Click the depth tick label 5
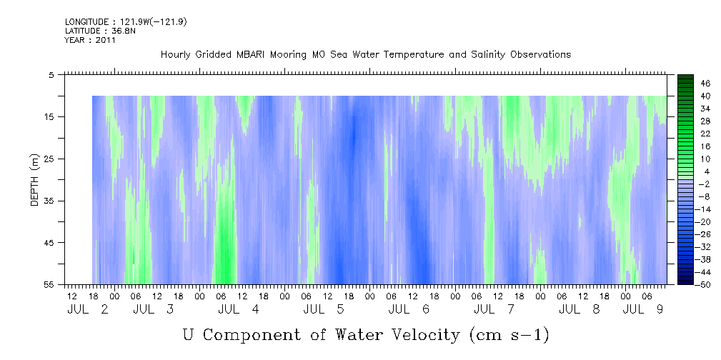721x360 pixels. coord(51,74)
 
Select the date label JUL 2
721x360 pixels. coord(87,309)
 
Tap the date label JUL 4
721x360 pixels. coord(239,309)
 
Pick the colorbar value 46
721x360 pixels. coord(685,83)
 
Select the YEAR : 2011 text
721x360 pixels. coord(90,40)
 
